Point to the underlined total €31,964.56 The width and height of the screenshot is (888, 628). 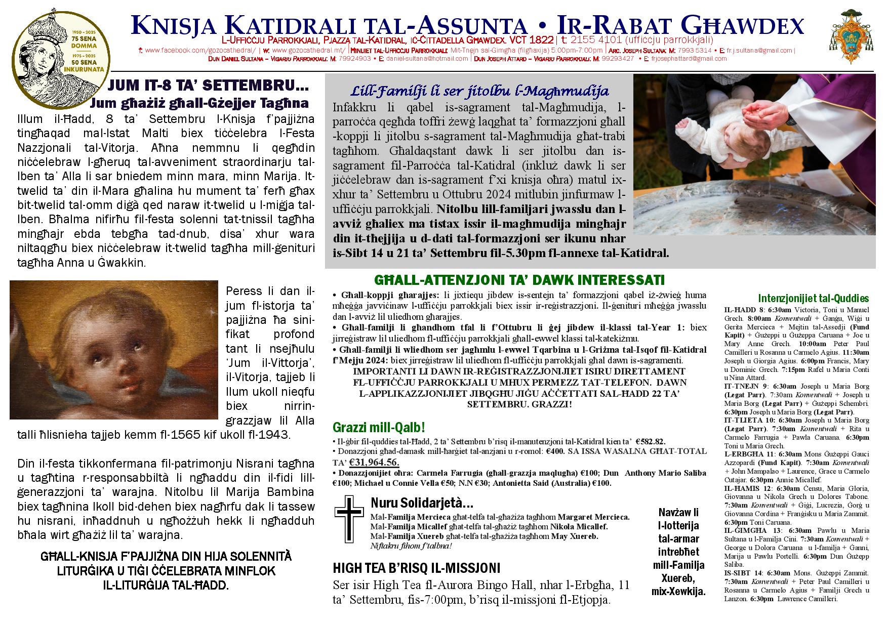click(x=374, y=462)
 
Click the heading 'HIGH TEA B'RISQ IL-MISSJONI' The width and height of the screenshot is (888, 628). click(x=416, y=568)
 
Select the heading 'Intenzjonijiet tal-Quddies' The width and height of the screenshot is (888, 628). click(x=813, y=299)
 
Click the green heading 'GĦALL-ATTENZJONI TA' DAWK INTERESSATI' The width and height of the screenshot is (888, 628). click(x=519, y=280)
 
